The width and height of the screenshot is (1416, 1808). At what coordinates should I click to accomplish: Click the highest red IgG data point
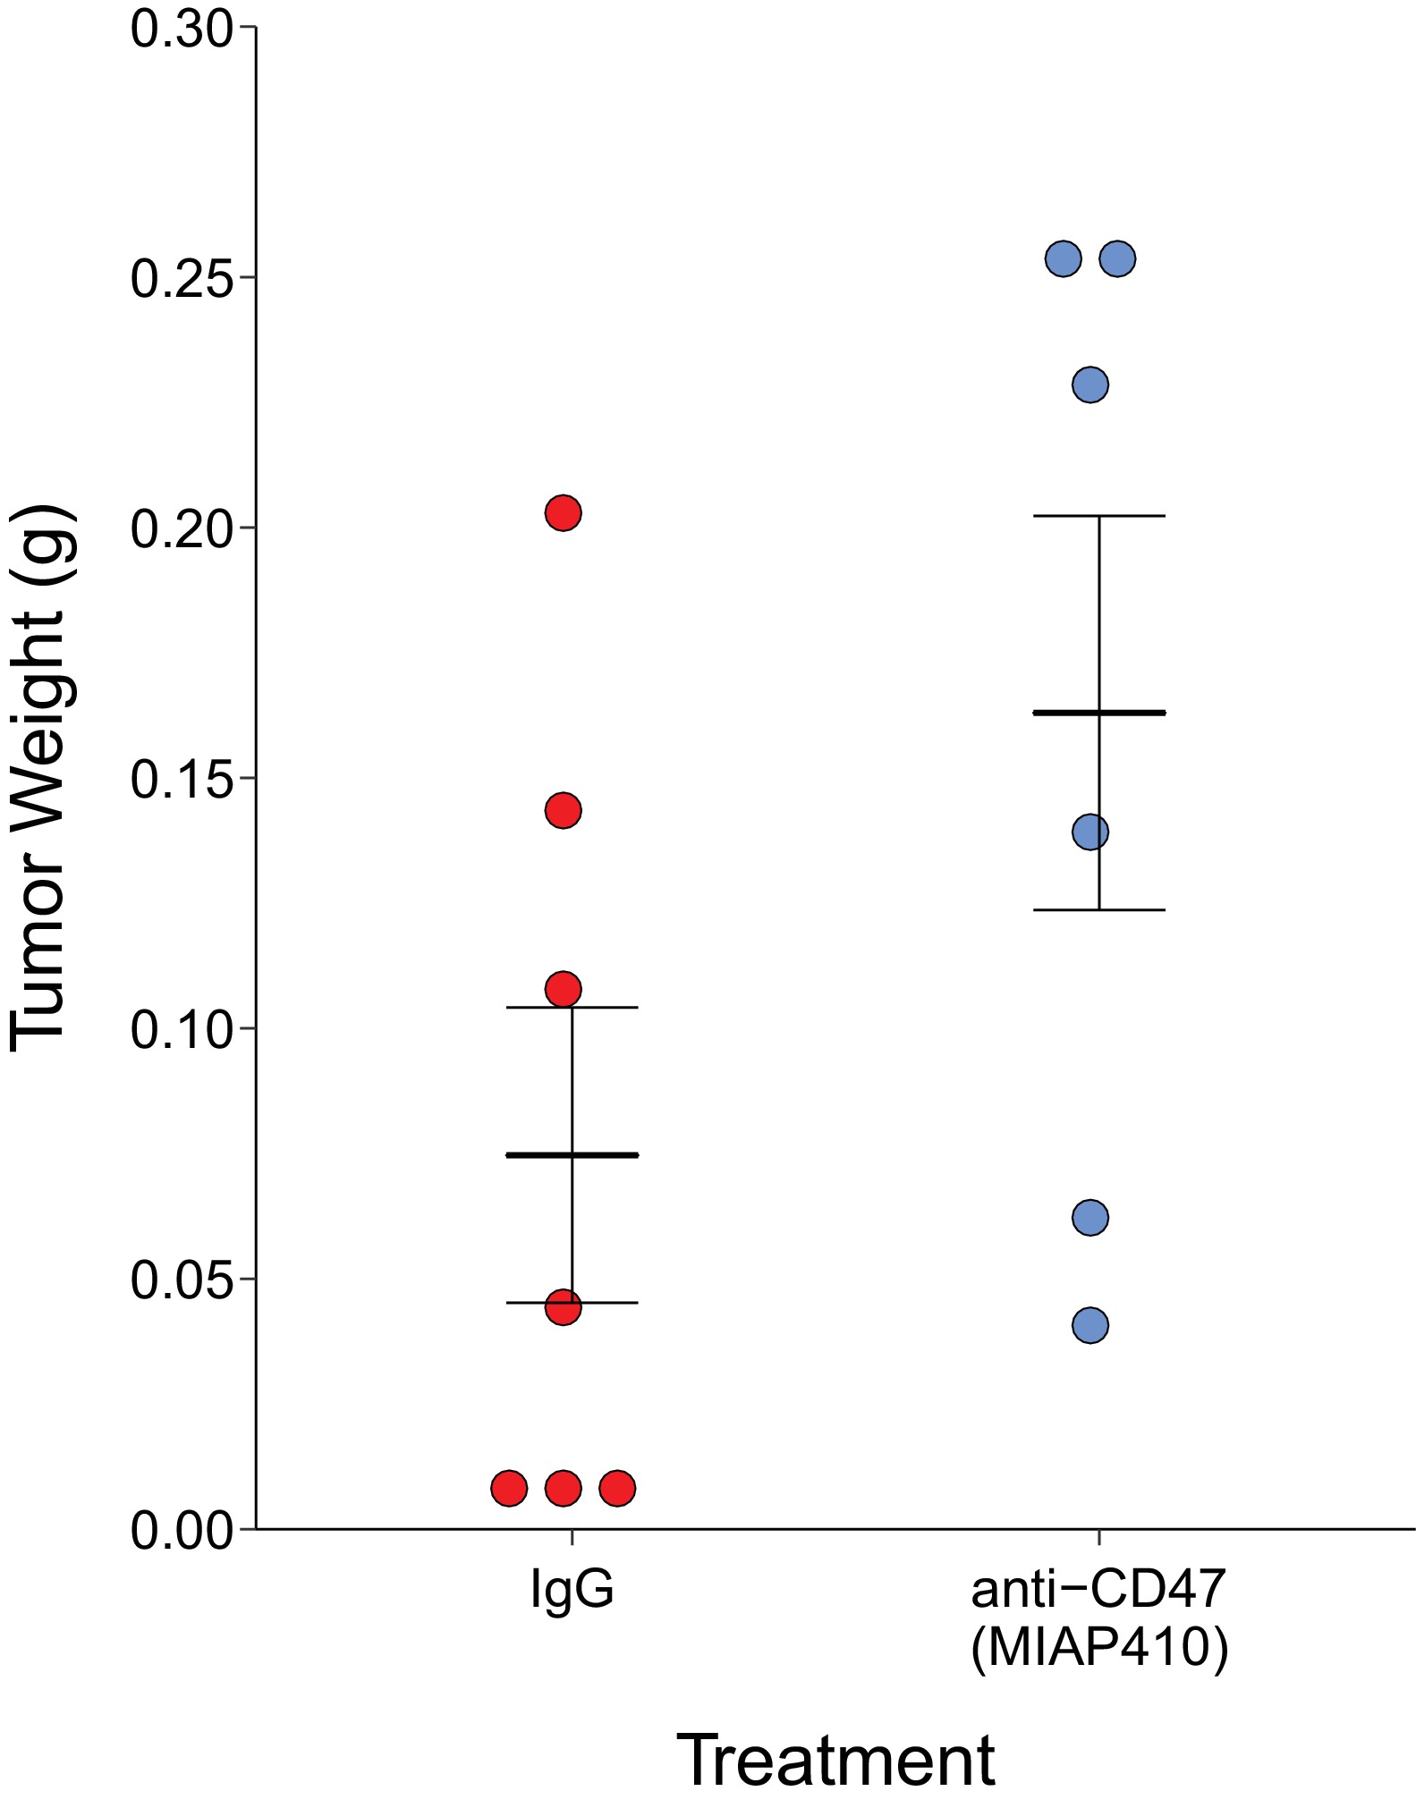563,512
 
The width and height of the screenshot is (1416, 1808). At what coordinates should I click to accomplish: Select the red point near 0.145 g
563,810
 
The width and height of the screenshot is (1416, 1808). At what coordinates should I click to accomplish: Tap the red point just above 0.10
563,989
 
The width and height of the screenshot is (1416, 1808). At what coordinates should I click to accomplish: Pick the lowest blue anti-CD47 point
1090,1324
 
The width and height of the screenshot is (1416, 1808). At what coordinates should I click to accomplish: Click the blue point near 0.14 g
1090,832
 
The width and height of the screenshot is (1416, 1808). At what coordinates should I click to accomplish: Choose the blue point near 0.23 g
1090,384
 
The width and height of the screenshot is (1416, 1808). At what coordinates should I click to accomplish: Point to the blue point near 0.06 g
1090,1217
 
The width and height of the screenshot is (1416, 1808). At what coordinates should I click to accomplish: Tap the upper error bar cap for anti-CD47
1099,516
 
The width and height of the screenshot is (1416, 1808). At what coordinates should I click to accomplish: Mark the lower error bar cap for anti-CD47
1099,909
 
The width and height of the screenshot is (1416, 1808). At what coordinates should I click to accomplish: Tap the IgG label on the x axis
572,1588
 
